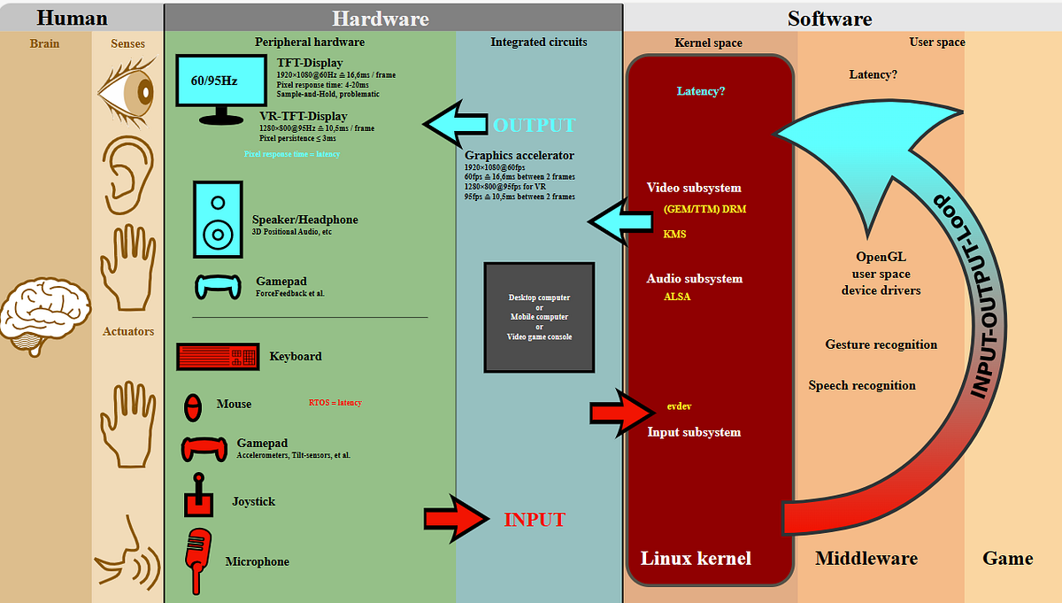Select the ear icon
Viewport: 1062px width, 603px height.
click(127, 168)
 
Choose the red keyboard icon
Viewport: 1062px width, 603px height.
click(217, 357)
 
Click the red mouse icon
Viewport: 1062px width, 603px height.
click(192, 406)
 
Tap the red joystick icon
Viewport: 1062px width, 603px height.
click(197, 496)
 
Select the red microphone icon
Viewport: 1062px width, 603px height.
click(197, 559)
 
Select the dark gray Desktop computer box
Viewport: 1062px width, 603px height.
click(539, 317)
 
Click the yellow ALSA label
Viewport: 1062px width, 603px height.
click(677, 297)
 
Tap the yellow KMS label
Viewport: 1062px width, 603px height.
click(674, 235)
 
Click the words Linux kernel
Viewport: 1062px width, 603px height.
click(696, 558)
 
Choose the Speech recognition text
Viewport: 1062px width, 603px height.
click(862, 385)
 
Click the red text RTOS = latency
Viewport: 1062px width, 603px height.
click(335, 403)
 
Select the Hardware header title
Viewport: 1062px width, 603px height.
click(381, 19)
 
